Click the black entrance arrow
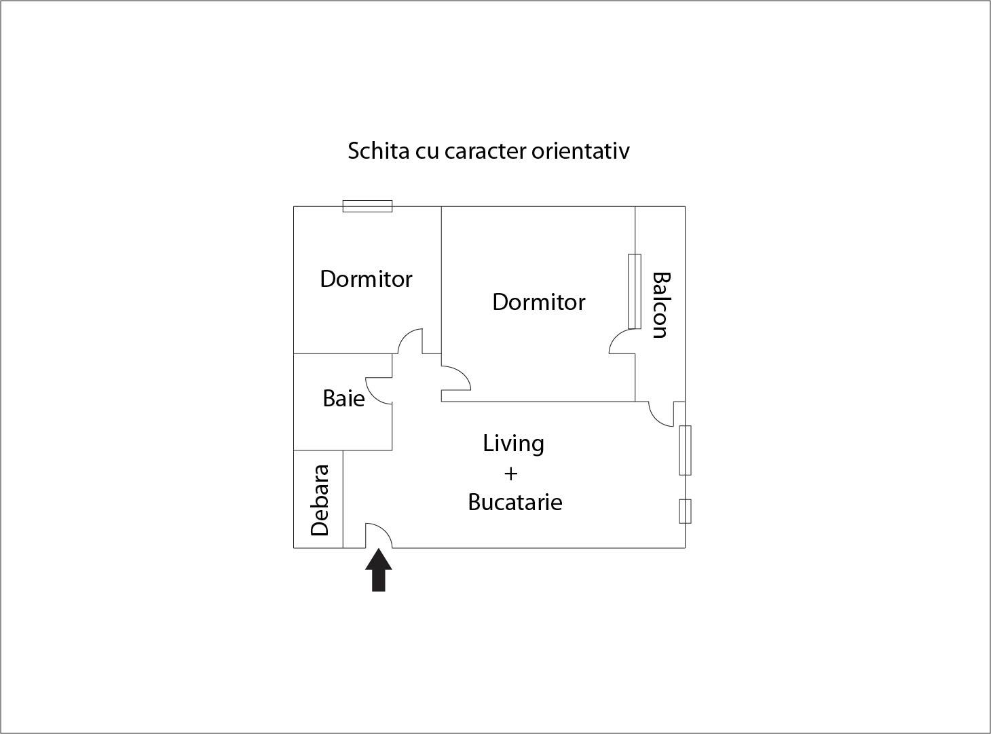[379, 570]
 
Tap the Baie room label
[343, 398]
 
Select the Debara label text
[320, 501]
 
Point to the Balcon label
[660, 305]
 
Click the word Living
[513, 444]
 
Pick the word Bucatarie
[515, 502]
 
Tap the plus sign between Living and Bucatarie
[510, 474]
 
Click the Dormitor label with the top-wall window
[366, 279]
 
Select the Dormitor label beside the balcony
[538, 303]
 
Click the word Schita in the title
[379, 151]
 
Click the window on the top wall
[367, 206]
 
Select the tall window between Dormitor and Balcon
[635, 292]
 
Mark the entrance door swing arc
[379, 535]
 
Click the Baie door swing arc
[379, 391]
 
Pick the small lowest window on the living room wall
[685, 511]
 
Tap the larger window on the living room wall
[685, 450]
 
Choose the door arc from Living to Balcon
[661, 414]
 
